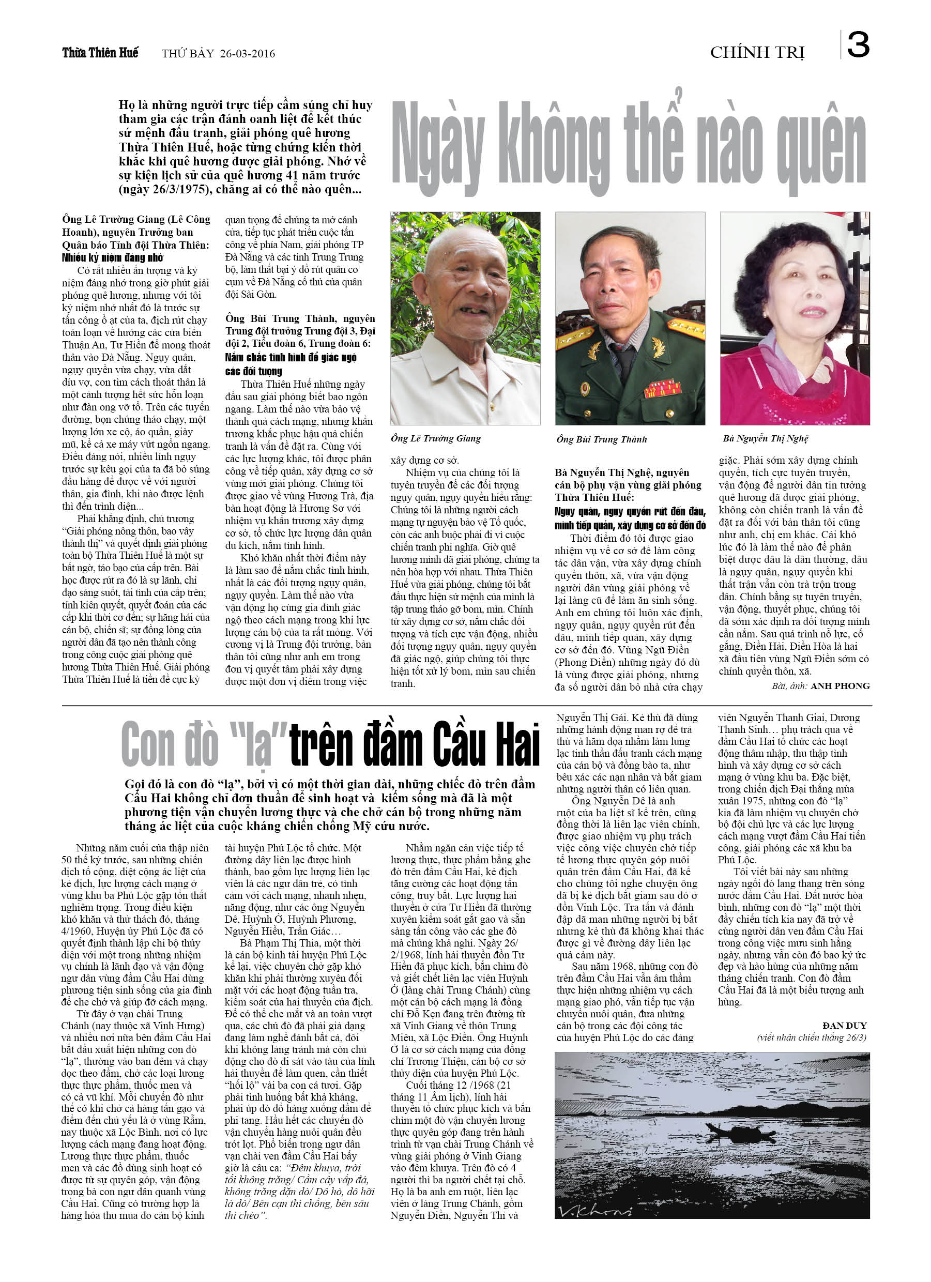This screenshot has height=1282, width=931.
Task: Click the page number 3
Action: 858,44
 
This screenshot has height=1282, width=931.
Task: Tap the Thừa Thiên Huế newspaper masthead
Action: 100,53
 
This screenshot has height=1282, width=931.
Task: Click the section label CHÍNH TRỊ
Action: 757,53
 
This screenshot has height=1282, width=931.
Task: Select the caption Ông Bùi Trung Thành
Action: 601,439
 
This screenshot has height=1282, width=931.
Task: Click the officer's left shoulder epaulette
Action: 685,328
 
